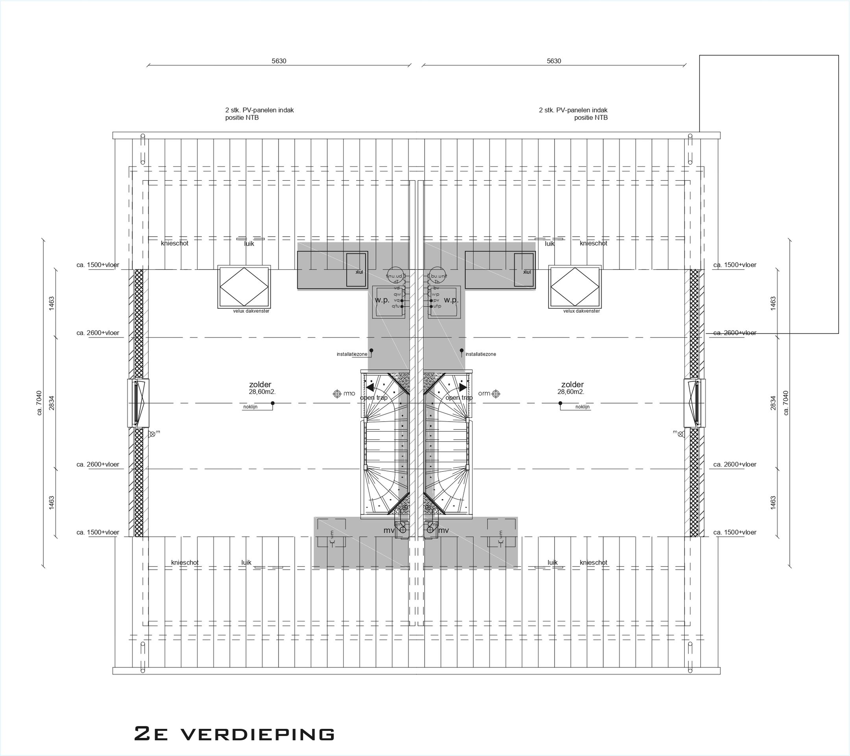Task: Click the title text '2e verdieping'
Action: [x=234, y=734]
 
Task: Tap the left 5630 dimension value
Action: [x=279, y=61]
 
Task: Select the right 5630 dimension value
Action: [x=554, y=61]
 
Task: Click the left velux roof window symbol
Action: [x=244, y=287]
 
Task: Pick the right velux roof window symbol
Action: [x=575, y=287]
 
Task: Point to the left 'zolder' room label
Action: [x=261, y=385]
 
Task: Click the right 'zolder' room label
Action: [x=572, y=385]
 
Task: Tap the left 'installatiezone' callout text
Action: [x=352, y=354]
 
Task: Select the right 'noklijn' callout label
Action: [x=582, y=407]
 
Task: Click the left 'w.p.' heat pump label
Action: [x=382, y=300]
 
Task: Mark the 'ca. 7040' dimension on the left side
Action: [x=39, y=403]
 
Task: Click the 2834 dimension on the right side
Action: [x=773, y=403]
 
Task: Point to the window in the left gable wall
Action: [x=138, y=403]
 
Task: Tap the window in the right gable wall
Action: [x=695, y=403]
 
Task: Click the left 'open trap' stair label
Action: [x=373, y=398]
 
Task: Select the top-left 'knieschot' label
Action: [x=175, y=243]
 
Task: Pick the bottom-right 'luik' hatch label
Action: [x=552, y=563]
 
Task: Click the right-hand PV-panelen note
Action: [x=573, y=113]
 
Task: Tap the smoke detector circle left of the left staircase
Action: [x=337, y=394]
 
